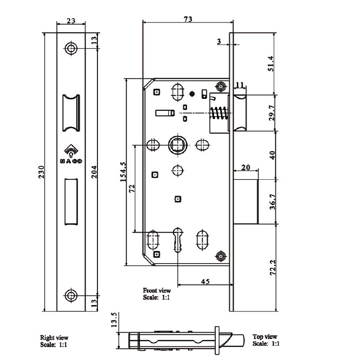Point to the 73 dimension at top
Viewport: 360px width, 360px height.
[187, 19]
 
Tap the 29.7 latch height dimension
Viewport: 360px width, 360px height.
[272, 112]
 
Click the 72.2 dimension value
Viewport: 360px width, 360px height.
[272, 268]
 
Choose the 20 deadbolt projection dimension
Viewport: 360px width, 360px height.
[245, 167]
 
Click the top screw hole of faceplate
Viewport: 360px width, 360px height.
[70, 48]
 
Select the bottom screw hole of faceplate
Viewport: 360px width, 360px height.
[70, 295]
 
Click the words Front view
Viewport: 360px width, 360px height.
[156, 290]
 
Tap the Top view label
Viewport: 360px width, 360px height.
[265, 337]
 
